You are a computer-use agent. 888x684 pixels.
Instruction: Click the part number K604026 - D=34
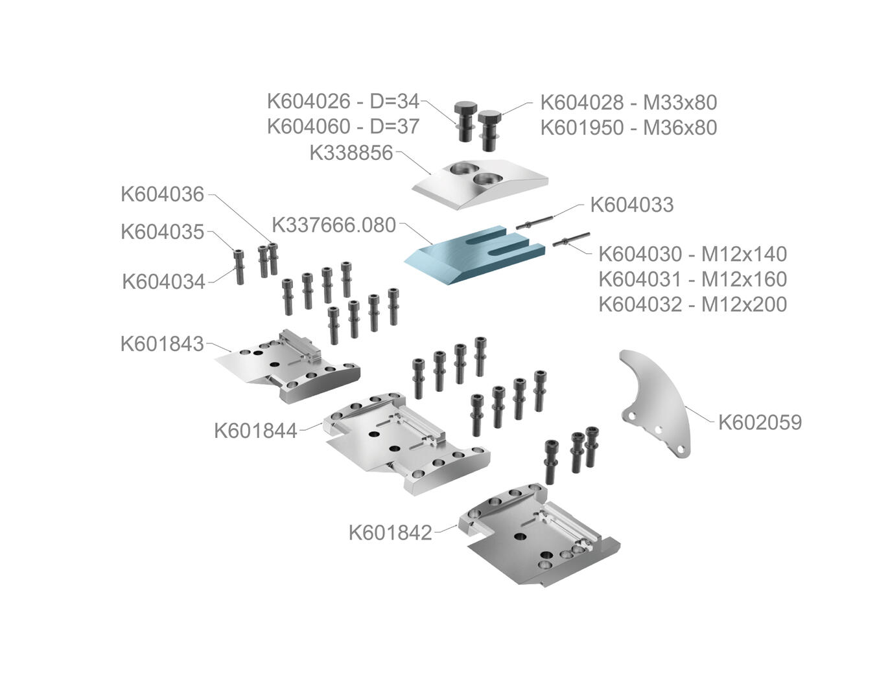point(343,102)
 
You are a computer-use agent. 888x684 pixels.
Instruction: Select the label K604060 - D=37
point(343,126)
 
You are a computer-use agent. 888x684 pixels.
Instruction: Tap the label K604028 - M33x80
point(628,102)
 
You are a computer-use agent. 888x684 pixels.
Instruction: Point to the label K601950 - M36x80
point(628,128)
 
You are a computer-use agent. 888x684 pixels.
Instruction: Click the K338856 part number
point(351,153)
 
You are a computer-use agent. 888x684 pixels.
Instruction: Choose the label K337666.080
point(333,225)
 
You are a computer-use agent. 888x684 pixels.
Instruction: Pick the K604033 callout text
point(631,205)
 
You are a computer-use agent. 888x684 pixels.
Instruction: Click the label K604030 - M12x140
point(692,253)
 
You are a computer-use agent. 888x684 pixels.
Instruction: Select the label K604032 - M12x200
point(692,304)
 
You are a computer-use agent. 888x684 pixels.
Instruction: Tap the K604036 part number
point(162,194)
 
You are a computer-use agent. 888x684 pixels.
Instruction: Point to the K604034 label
point(163,282)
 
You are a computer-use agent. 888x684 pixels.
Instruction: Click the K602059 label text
point(760,422)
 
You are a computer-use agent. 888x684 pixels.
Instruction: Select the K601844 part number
point(255,430)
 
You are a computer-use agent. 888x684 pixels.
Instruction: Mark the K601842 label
point(390,532)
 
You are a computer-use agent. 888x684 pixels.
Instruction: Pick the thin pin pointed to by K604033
point(534,222)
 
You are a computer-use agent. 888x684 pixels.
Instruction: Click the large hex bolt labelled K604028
point(491,129)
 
